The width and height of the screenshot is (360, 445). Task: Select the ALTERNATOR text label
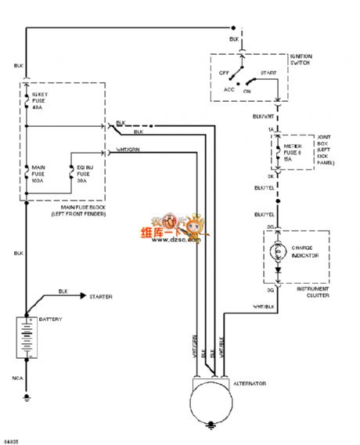pyautogui.click(x=251, y=384)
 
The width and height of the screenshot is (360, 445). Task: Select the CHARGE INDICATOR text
pyautogui.click(x=308, y=252)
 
